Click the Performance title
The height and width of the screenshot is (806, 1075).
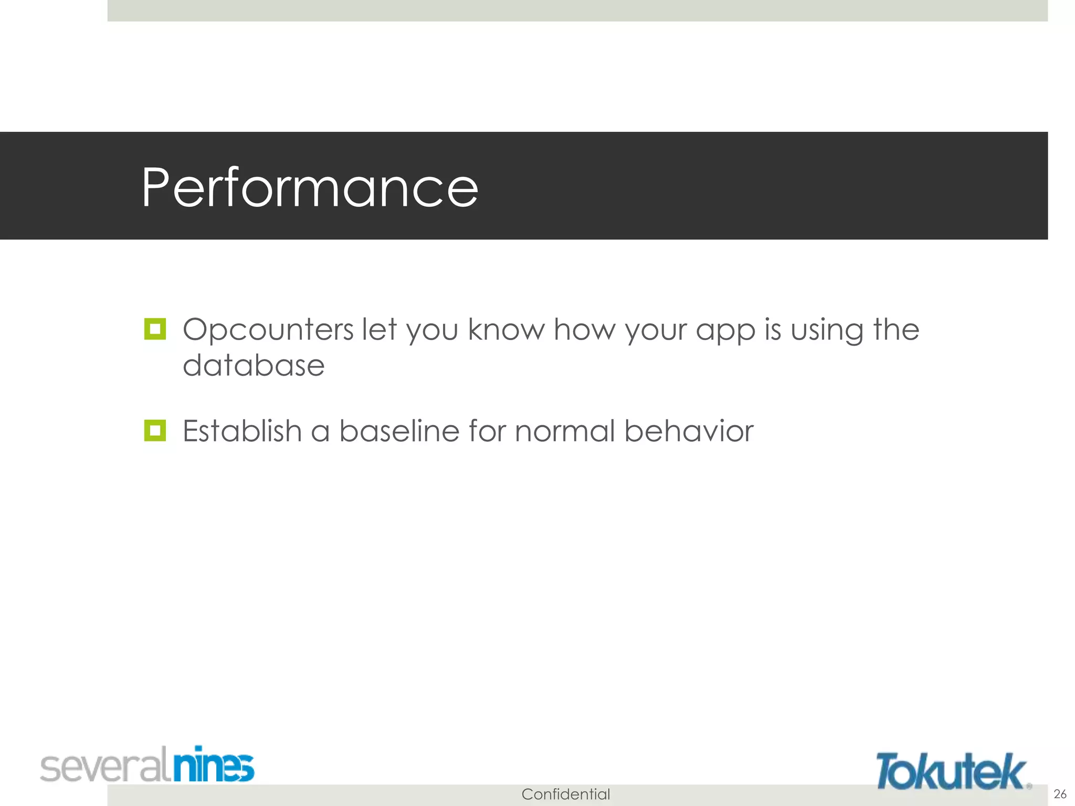pos(310,187)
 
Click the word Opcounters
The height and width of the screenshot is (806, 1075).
pos(268,331)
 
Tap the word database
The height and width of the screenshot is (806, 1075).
pos(254,365)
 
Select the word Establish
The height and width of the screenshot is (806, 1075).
pos(241,431)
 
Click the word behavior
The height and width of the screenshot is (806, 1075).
pos(689,431)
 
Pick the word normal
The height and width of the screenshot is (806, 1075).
pos(564,431)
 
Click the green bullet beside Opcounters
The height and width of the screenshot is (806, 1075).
pos(155,330)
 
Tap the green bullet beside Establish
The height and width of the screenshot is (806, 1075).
pos(155,431)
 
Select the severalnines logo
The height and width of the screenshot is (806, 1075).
pos(147,766)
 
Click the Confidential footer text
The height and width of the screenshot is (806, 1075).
pos(565,794)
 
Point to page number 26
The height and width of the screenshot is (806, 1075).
pos(1060,793)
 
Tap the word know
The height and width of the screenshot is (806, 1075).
pos(506,330)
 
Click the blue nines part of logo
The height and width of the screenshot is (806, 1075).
pos(214,765)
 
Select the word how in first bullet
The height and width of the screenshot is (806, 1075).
pos(585,331)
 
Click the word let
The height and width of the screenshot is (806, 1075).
pos(379,330)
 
